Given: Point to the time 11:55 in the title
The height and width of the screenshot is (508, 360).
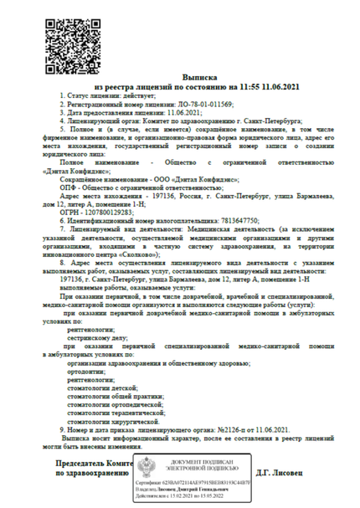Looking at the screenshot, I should (x=255, y=85).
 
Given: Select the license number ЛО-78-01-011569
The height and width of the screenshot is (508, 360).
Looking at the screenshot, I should (x=195, y=104).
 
